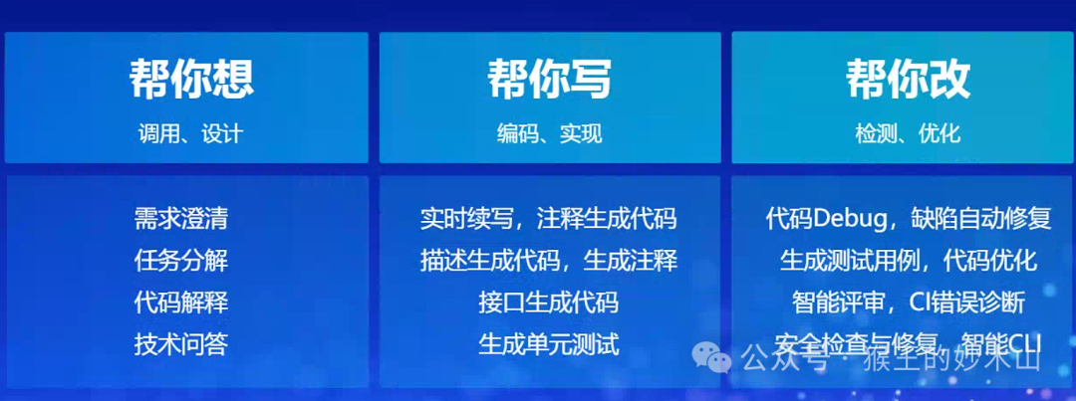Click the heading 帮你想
[190, 80]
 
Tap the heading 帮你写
[549, 80]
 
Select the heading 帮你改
[908, 80]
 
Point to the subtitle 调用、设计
[190, 133]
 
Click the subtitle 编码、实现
[549, 133]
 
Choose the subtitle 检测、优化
[908, 133]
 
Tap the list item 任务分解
[181, 261]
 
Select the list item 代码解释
[181, 302]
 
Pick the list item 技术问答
[181, 344]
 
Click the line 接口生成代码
[549, 302]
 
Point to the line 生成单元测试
[549, 344]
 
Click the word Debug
[846, 219]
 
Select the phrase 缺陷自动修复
[980, 219]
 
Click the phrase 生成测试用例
[843, 261]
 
